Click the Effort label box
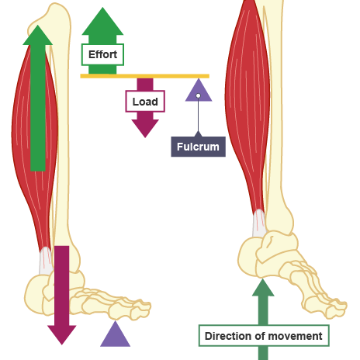pos(102,55)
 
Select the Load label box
pos(144,102)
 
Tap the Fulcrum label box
pos(198,146)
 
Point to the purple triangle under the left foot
pos(116,334)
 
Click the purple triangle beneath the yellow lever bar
pos(198,92)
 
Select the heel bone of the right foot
pos(253,256)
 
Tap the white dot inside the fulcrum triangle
pos(198,95)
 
